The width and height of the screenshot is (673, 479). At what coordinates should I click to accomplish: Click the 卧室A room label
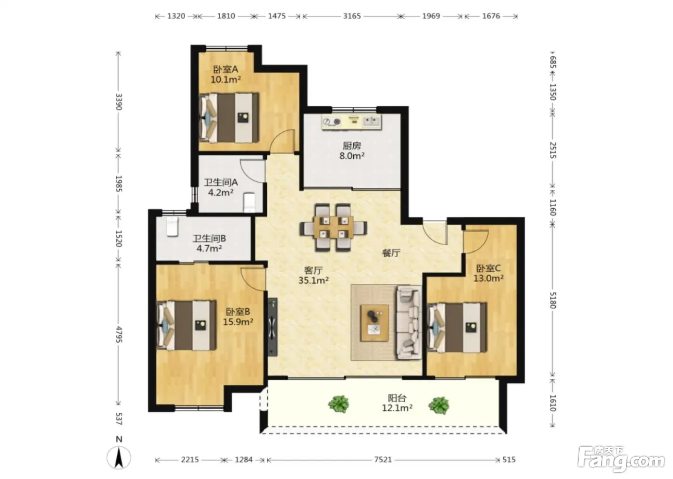click(225, 69)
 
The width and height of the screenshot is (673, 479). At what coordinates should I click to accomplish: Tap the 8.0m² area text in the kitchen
click(352, 156)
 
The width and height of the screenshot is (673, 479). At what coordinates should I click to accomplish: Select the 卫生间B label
click(209, 239)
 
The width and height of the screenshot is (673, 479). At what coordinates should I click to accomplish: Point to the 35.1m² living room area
click(313, 280)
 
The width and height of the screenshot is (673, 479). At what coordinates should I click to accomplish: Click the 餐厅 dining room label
click(391, 253)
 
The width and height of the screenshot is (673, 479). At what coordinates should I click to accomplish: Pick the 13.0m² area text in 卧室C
click(488, 278)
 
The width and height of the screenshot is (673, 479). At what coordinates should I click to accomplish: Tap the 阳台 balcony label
click(397, 398)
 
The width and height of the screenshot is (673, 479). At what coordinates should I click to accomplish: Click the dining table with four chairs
click(333, 227)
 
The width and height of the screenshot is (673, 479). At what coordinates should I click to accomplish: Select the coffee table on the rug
click(374, 323)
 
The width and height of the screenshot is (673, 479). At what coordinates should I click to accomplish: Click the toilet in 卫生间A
click(249, 202)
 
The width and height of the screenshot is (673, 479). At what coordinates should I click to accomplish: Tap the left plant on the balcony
click(338, 404)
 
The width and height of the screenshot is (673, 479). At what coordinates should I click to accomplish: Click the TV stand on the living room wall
click(273, 327)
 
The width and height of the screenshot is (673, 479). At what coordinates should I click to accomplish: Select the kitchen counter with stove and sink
click(351, 122)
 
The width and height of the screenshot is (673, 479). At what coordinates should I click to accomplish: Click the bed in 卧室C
click(457, 327)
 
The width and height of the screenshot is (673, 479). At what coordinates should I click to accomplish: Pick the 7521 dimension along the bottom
click(383, 459)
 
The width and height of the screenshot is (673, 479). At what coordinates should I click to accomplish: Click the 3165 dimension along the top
click(352, 16)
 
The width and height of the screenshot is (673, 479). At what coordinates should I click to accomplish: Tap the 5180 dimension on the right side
click(553, 300)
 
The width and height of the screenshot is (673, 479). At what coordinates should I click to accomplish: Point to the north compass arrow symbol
click(119, 457)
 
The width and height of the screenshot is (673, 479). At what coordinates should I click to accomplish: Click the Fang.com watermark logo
click(621, 459)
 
